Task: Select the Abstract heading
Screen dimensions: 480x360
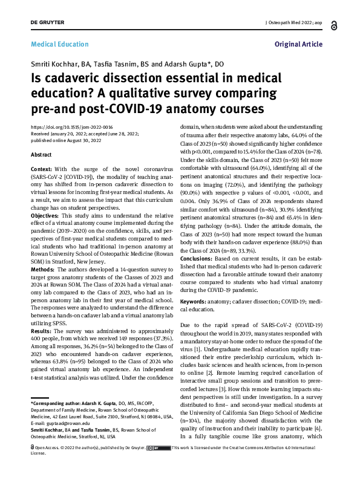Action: [42, 155]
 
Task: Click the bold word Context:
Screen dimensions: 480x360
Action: [41, 169]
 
